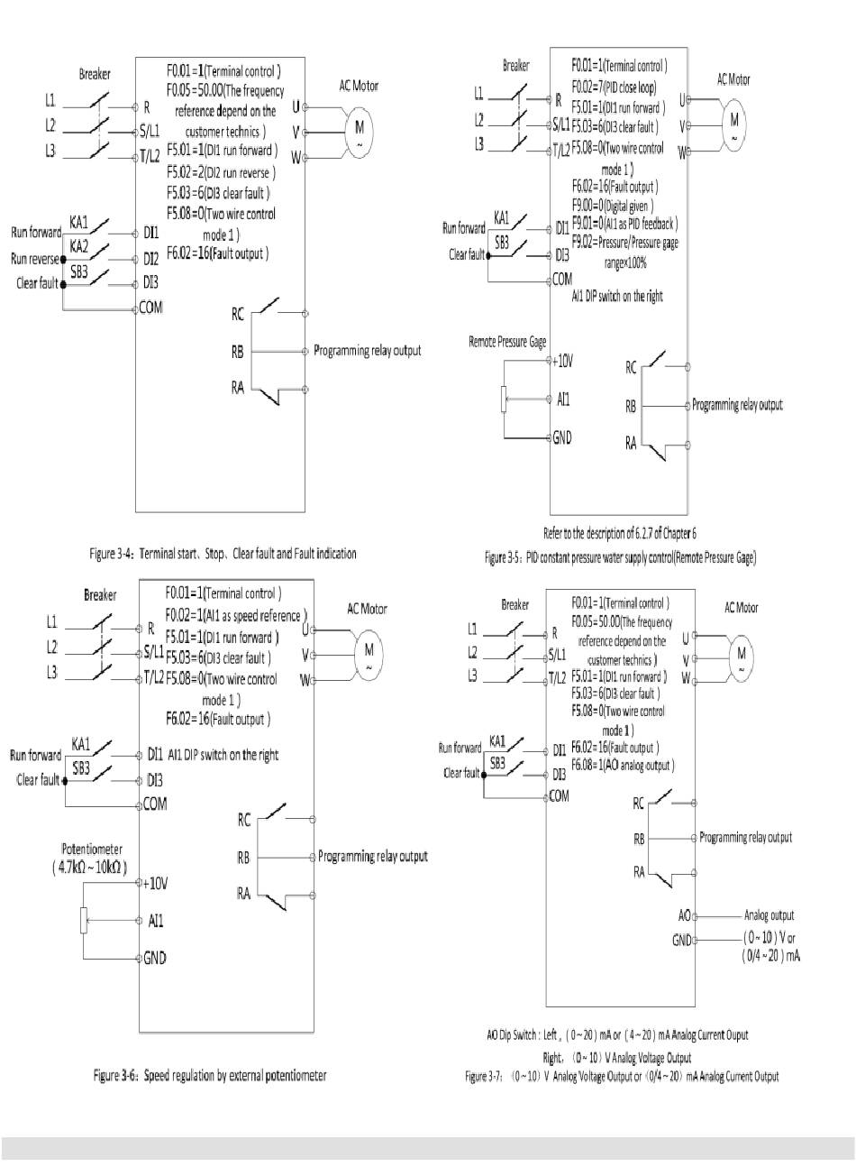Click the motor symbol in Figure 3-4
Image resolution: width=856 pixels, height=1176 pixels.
(x=360, y=129)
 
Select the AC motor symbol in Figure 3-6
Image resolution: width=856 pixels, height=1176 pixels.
(x=369, y=651)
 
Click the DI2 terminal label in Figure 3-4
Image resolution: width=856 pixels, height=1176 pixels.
(x=151, y=258)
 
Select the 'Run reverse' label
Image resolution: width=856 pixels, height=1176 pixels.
(x=35, y=258)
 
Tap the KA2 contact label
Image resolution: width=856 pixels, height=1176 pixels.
(x=79, y=245)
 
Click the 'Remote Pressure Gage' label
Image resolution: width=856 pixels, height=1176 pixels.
(x=507, y=343)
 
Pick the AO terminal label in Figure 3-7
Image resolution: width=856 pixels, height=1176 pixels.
(x=684, y=915)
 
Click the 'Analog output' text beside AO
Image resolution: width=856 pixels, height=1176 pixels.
(x=771, y=914)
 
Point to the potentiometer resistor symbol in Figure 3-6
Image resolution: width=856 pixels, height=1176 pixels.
(x=84, y=921)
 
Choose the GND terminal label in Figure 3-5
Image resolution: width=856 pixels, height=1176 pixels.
(x=561, y=437)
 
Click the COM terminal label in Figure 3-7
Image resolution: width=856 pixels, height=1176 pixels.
(x=559, y=796)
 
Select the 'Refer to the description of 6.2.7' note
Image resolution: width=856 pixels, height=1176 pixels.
(x=620, y=533)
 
